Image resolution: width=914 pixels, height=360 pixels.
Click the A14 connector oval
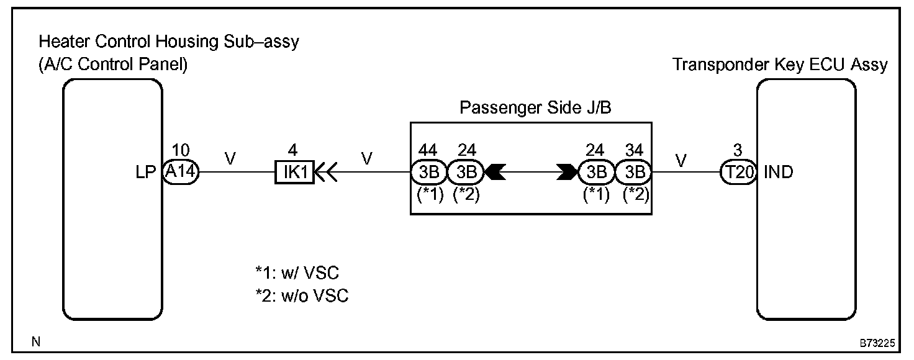tap(181, 172)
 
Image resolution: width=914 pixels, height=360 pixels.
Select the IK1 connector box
tap(294, 172)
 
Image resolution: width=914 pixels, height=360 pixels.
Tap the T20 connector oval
tap(738, 172)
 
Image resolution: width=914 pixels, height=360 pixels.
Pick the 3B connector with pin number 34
tap(633, 172)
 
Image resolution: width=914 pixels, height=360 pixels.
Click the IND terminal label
tap(779, 172)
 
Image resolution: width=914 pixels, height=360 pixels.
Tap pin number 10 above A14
tap(181, 150)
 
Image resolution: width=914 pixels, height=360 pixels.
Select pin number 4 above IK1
tap(294, 150)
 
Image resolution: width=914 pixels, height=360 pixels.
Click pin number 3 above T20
tap(738, 150)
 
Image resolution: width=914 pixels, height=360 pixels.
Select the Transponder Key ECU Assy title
tap(780, 65)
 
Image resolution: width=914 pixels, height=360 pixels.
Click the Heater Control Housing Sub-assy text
tap(168, 42)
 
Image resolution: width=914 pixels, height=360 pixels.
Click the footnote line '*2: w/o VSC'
tap(301, 296)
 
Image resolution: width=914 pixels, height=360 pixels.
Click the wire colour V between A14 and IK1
tap(230, 160)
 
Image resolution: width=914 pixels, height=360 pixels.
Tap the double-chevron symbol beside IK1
tap(327, 172)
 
